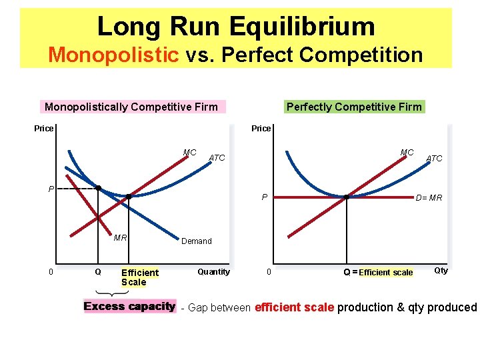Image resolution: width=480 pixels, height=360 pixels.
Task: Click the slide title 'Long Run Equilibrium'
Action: [236, 27]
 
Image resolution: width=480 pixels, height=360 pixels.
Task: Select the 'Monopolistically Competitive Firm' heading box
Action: [131, 107]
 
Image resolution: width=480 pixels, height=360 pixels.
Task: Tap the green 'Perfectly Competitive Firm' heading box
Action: [354, 107]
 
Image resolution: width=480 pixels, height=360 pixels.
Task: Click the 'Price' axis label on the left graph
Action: [43, 128]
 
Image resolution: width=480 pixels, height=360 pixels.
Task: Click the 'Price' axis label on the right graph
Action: [261, 128]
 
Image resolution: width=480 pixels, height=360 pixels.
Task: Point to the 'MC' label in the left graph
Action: [190, 153]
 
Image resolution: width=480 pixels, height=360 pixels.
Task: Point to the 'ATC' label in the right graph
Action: [434, 158]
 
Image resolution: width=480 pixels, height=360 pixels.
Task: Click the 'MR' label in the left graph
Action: [121, 237]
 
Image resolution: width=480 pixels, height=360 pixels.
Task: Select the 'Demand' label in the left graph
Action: [197, 241]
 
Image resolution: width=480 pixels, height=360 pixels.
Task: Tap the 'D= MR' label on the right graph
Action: [429, 197]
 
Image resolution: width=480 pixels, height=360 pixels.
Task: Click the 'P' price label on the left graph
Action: [51, 189]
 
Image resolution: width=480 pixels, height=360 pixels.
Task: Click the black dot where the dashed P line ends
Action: [98, 188]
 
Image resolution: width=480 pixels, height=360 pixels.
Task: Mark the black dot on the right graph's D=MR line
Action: [347, 197]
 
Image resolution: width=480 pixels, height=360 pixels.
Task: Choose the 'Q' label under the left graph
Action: [98, 272]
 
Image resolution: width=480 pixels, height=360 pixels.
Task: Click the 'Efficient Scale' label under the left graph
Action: [139, 277]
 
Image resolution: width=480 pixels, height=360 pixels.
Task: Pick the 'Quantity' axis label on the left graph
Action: [213, 271]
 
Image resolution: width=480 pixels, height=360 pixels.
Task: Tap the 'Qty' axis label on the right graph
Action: [441, 270]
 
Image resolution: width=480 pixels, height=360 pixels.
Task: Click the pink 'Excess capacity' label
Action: [129, 307]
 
